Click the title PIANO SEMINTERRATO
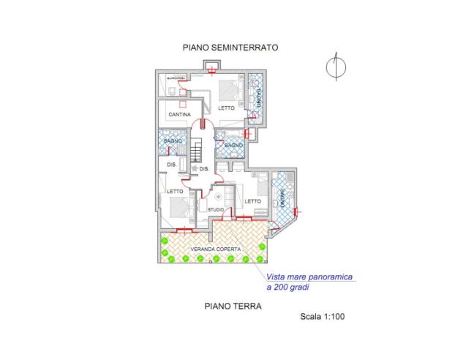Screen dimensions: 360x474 tap(230, 48)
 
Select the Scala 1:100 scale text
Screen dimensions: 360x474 tap(322, 318)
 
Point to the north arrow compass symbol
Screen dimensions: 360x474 tap(334, 67)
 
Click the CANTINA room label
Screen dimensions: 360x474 tap(179, 116)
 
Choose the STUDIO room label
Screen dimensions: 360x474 tap(216, 210)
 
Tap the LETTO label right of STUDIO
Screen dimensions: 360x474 tap(252, 201)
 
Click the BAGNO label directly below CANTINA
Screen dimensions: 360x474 tap(173, 140)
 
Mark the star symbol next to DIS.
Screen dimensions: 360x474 tap(193, 169)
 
